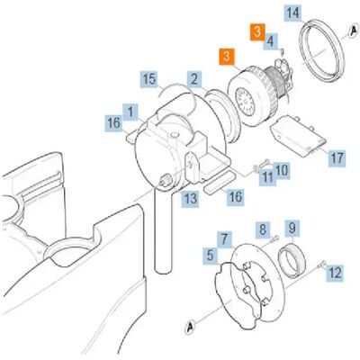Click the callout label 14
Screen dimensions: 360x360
[292, 13]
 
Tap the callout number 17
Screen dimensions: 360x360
[337, 157]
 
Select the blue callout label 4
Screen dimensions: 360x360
[271, 41]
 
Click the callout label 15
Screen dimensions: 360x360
[149, 79]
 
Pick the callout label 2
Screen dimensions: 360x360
[194, 79]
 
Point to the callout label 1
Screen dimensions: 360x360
[130, 112]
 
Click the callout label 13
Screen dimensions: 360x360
[191, 199]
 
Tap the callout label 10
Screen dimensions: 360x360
[282, 171]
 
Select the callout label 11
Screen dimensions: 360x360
[267, 177]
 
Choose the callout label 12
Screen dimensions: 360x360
[335, 273]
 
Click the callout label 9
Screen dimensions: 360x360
[292, 229]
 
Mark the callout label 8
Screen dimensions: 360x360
[263, 230]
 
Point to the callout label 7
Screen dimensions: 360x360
[224, 239]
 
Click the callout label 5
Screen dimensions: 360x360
[210, 256]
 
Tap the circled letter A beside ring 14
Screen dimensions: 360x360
[354, 31]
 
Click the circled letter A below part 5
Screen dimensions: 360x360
[190, 327]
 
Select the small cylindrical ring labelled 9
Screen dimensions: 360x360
[292, 260]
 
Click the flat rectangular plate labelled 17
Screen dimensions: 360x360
[298, 136]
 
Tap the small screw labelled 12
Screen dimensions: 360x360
[321, 264]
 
